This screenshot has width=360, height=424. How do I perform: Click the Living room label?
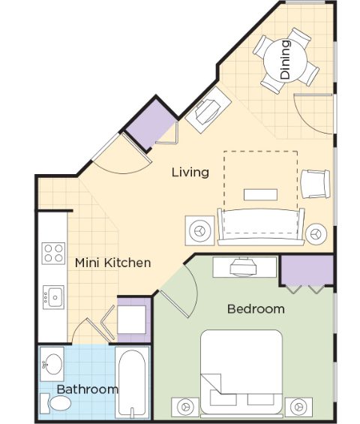coord(190,173)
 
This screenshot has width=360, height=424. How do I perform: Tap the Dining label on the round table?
coord(285,59)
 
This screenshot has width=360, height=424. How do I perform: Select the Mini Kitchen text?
coord(112,263)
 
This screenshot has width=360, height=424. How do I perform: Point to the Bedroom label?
coord(256,308)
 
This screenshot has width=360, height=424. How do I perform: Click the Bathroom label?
coord(87,389)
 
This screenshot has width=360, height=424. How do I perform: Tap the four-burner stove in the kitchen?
coord(53,254)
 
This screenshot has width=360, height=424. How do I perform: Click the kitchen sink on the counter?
coord(53,297)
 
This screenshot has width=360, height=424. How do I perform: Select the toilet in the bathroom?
coord(56,403)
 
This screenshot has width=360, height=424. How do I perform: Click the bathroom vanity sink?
coord(52,364)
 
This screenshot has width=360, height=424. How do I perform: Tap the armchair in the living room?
coord(316,184)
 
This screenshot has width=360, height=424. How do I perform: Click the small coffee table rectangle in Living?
coord(260,194)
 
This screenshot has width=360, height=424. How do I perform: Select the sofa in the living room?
coord(261,227)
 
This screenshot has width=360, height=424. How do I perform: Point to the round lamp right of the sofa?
coord(316,234)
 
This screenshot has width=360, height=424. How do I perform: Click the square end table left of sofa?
coord(199,230)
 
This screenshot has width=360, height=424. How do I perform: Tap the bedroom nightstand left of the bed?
coord(185,407)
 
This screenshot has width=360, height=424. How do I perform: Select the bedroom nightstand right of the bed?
coord(298,407)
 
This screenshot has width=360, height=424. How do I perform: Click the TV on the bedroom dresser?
coord(243,267)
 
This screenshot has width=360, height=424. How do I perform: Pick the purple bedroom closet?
coord(307,270)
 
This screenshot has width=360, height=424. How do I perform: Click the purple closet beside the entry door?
coord(151,123)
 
